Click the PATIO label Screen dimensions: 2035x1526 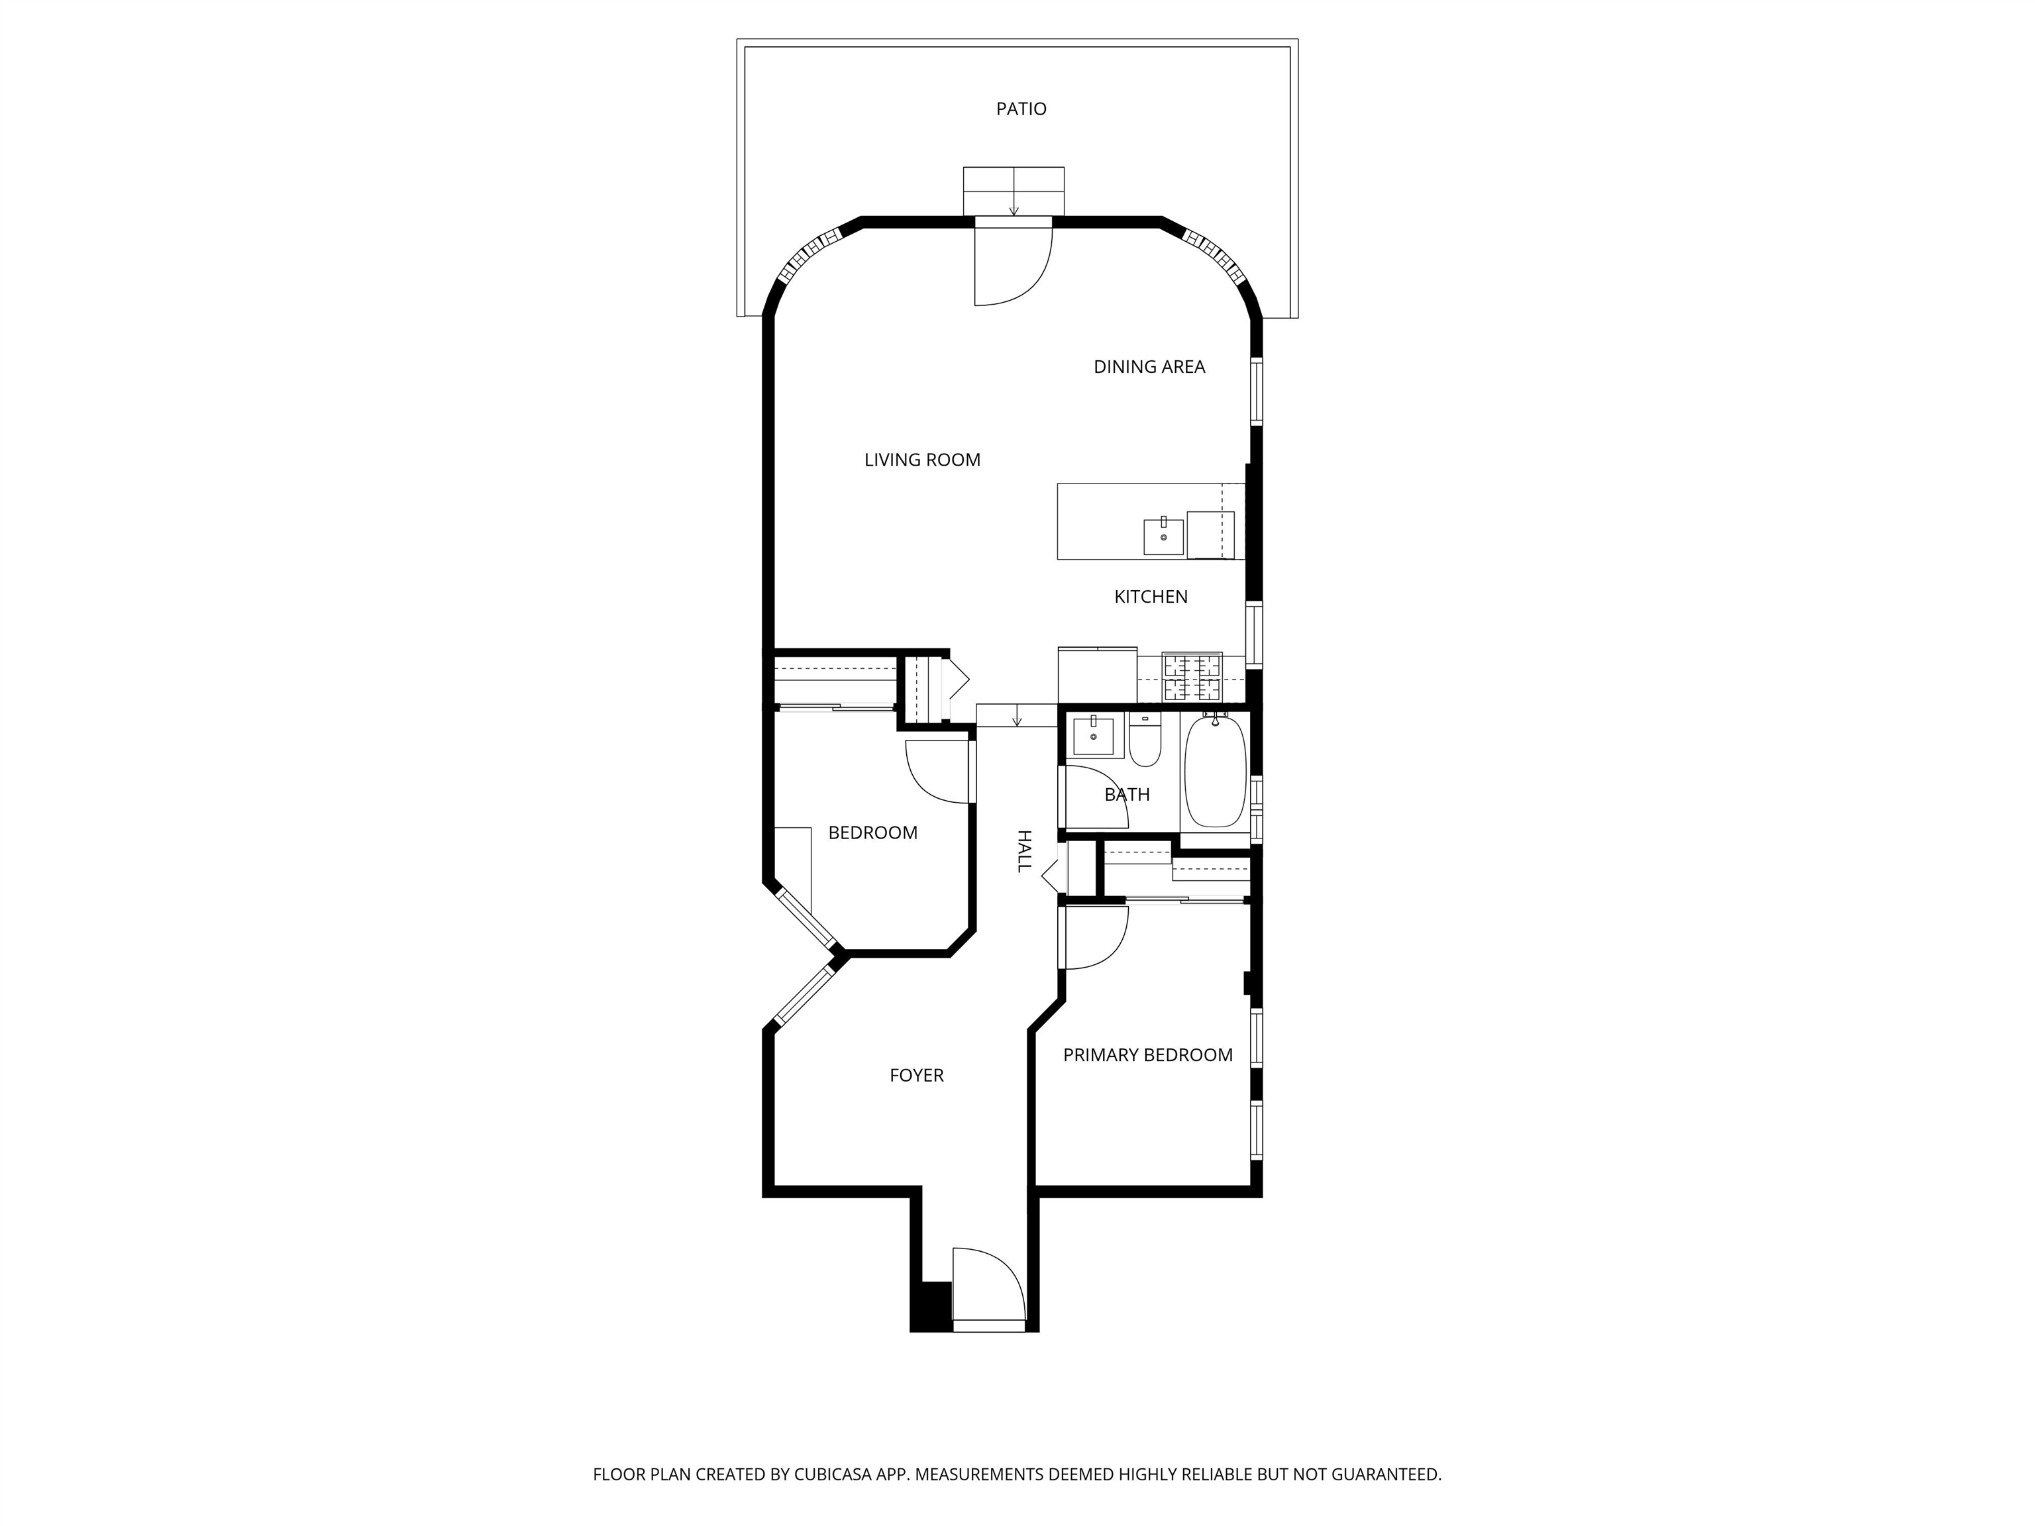(x=1021, y=109)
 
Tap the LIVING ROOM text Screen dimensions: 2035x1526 (x=922, y=460)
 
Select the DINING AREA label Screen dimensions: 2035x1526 (x=1149, y=367)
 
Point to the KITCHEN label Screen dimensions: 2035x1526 (x=1151, y=597)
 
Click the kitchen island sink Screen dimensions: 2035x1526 (x=1164, y=537)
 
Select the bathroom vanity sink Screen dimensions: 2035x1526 (x=1094, y=736)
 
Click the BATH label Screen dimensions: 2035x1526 (x=1127, y=795)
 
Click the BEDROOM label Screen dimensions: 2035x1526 (x=873, y=833)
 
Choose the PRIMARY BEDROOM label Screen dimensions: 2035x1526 (x=1148, y=1055)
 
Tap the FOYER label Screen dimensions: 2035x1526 (x=916, y=1075)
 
